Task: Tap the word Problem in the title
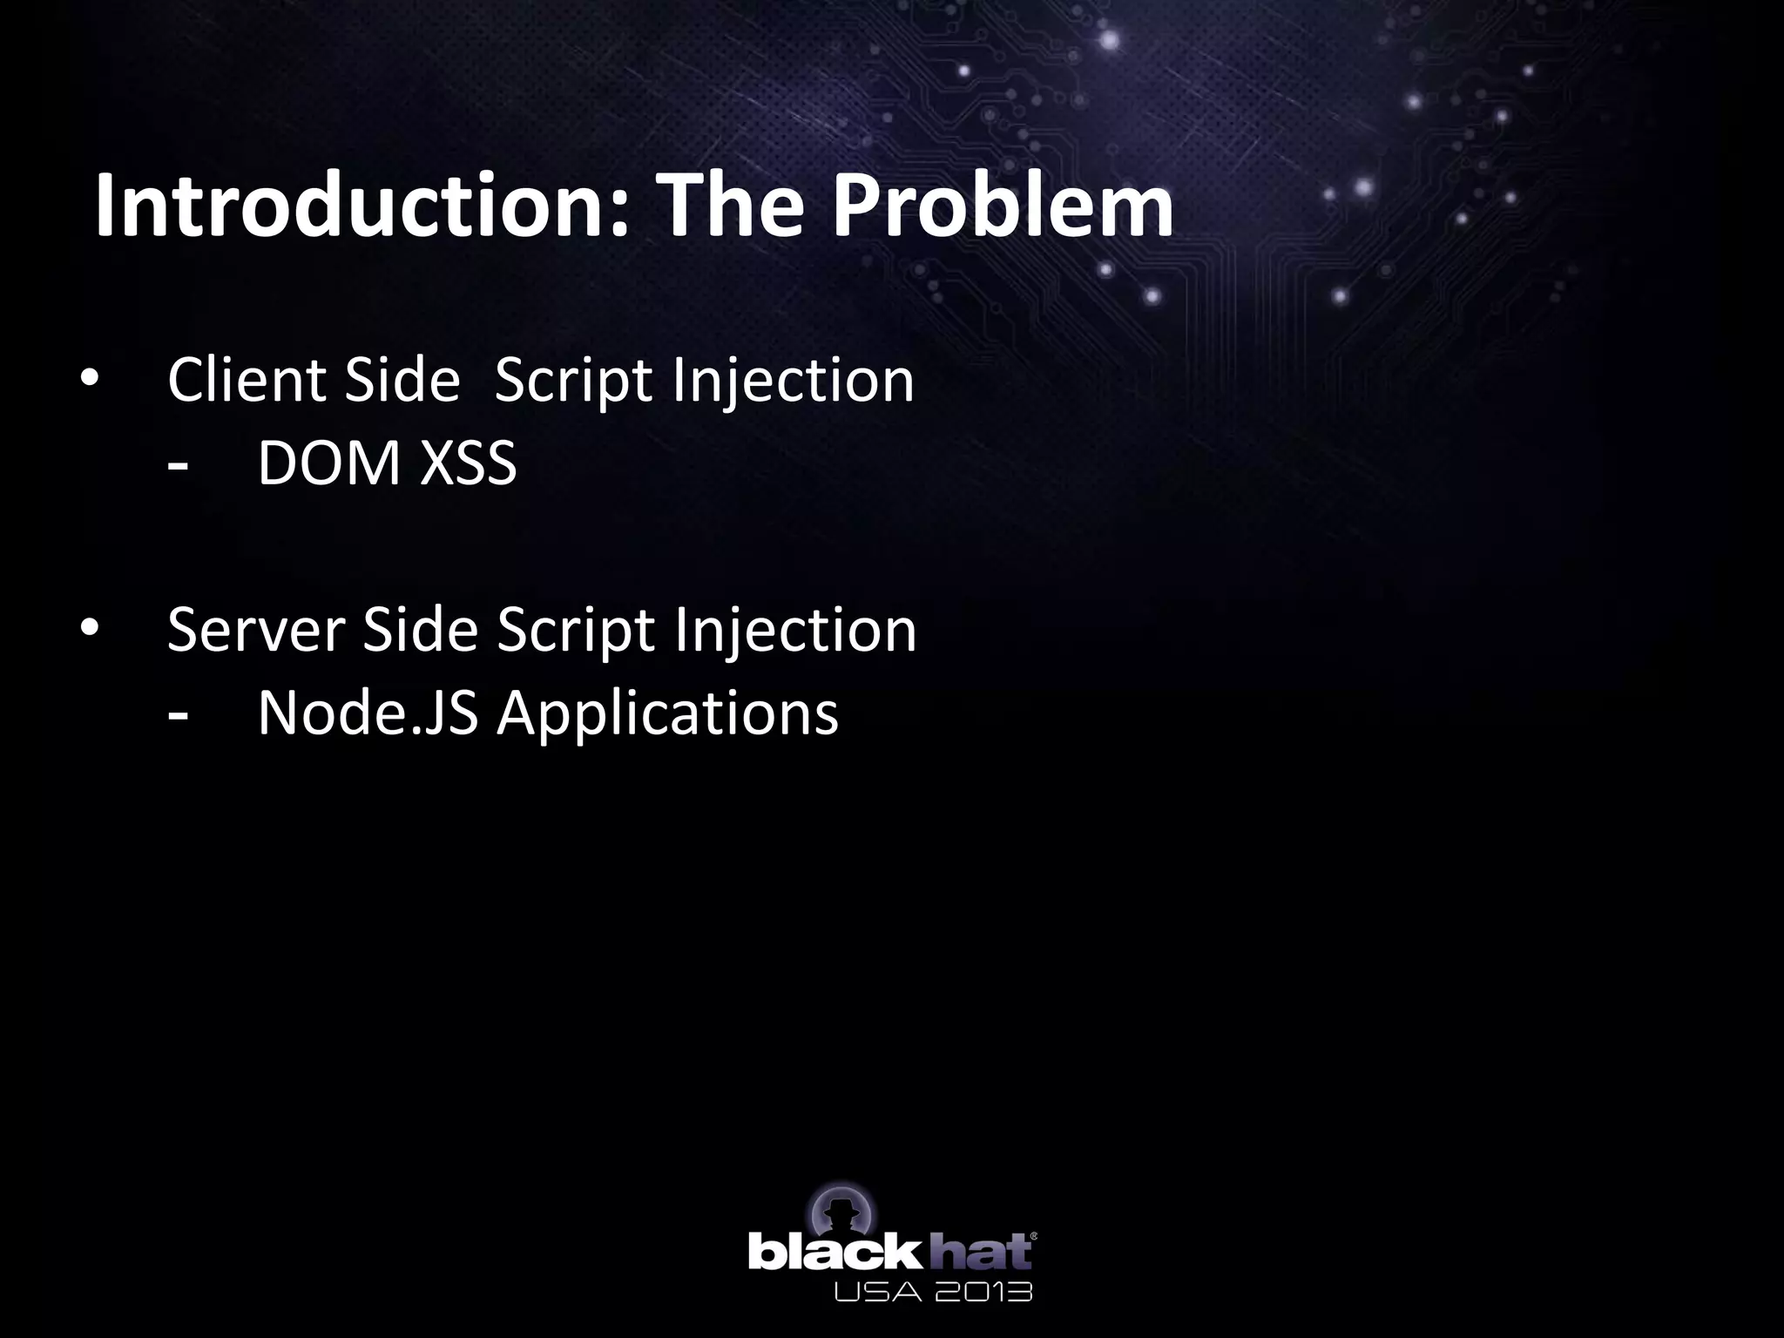click(x=1003, y=206)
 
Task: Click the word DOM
click(x=328, y=463)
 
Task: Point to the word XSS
click(x=469, y=463)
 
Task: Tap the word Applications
click(x=667, y=713)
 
